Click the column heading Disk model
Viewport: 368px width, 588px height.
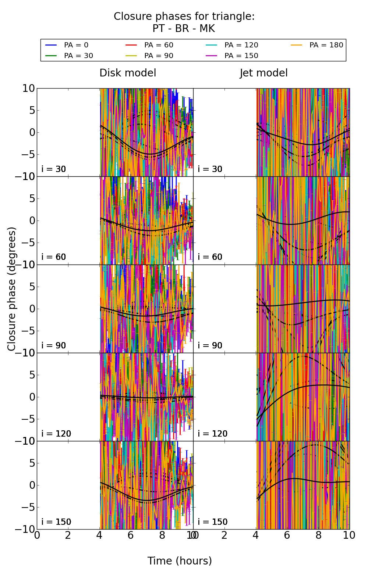(128, 73)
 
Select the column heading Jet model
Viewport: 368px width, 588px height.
(263, 73)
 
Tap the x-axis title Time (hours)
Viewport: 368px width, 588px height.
(180, 561)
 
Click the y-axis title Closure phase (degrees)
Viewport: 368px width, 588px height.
(12, 289)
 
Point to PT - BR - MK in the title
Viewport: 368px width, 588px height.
(184, 29)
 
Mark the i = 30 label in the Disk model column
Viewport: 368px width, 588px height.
(54, 169)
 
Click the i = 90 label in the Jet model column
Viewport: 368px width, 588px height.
(210, 345)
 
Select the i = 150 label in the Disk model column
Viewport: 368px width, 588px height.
(56, 522)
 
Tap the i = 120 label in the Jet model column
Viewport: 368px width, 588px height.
(213, 434)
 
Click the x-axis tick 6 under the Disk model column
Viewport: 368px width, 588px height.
(131, 535)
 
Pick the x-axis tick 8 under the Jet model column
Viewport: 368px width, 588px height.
(318, 535)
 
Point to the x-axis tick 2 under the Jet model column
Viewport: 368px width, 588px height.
(224, 535)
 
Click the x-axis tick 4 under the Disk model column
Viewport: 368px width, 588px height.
(99, 535)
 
